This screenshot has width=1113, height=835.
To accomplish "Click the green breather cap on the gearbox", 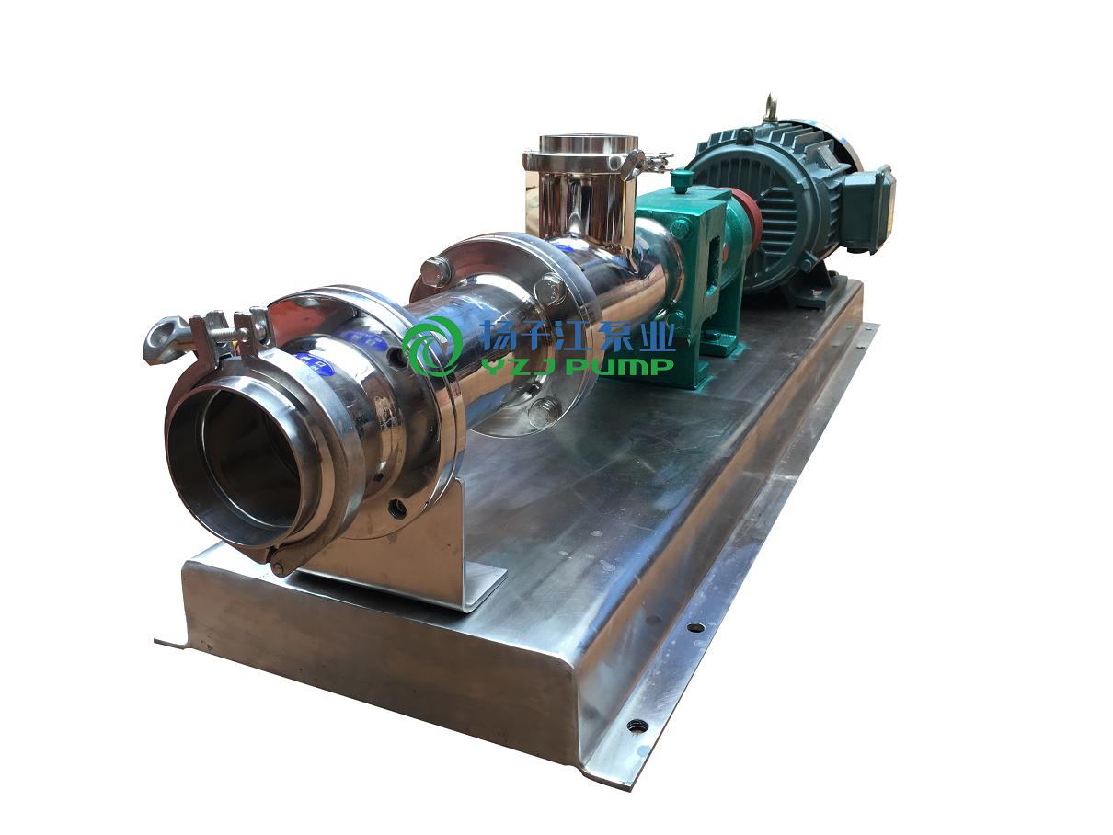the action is point(682,181).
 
